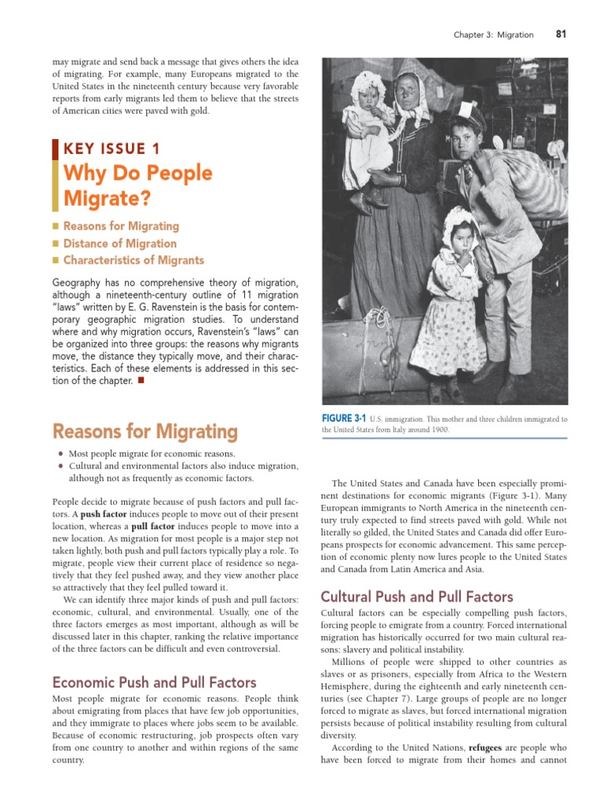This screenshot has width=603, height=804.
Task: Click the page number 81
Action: pos(561,34)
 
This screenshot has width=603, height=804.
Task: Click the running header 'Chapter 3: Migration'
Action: pos(494,35)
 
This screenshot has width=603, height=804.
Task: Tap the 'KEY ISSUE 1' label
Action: pos(111,148)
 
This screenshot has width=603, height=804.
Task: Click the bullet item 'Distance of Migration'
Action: pos(120,243)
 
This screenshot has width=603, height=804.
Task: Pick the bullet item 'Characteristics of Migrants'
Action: pos(133,260)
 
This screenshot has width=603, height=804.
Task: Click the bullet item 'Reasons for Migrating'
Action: pos(121,226)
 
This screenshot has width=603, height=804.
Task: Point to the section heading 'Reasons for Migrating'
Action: pos(144,431)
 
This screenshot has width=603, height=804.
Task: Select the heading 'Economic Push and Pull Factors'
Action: pos(154,682)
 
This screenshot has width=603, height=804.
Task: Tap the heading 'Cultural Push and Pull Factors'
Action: pos(418,597)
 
